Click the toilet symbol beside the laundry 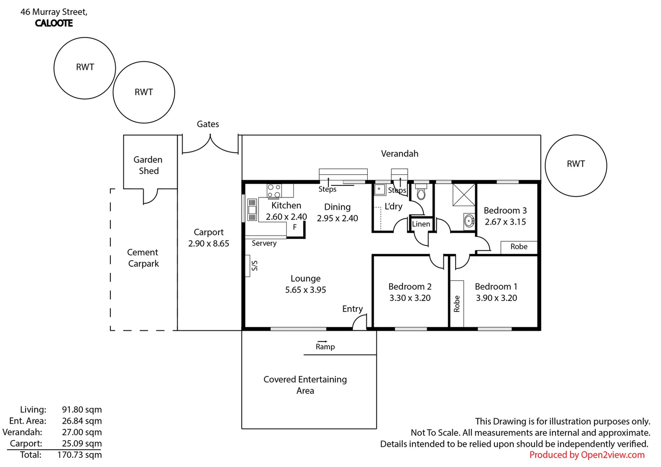[421, 192]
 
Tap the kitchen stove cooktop [274, 191]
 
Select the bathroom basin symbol [469, 221]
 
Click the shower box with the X [464, 195]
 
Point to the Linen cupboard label [421, 224]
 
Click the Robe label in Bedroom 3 [519, 246]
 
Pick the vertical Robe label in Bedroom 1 [457, 304]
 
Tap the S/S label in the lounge [255, 265]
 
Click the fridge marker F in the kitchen [295, 227]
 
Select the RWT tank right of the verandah [576, 166]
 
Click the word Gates [208, 124]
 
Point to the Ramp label [325, 347]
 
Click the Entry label [352, 309]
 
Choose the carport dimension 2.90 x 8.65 [209, 243]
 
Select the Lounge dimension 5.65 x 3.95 [305, 290]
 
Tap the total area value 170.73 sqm [79, 454]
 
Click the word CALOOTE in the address [54, 23]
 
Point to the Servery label [264, 243]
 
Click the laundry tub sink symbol [380, 189]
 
